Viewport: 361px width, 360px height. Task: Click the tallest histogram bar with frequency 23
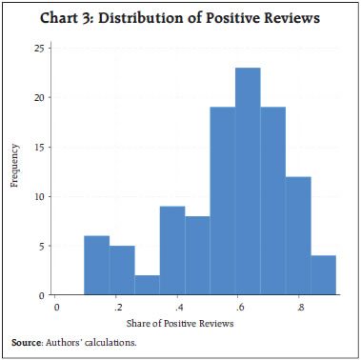[248, 182]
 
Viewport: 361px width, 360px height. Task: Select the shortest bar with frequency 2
[147, 285]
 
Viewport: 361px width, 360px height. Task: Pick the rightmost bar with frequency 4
[324, 275]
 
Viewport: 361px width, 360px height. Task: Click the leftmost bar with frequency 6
[96, 266]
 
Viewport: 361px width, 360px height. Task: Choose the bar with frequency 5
[122, 270]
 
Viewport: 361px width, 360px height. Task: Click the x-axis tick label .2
[117, 309]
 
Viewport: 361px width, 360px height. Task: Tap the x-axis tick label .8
[300, 309]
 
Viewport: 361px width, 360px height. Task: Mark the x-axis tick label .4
[178, 309]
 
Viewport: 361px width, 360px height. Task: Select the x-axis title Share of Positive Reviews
[196, 322]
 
